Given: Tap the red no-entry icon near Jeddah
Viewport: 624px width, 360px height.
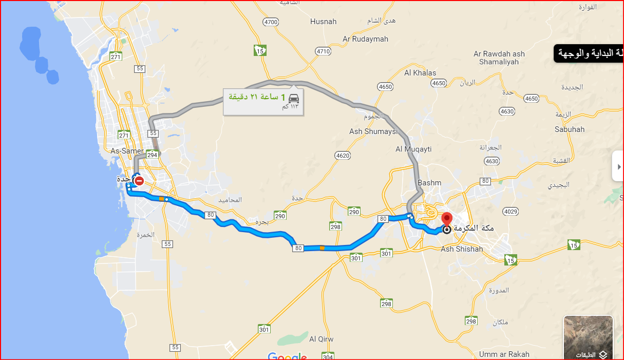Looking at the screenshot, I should point(139,181).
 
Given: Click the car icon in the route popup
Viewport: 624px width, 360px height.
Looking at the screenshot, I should point(293,98).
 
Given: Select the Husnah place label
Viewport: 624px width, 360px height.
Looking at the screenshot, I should point(324,22).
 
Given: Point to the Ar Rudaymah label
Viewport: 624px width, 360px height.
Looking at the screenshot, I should point(365,39).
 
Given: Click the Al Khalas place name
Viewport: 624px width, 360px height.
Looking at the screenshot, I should point(420,73).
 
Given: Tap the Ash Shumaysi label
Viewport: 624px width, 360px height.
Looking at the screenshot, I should point(373,132).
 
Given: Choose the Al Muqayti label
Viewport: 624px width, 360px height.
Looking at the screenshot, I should point(413,149).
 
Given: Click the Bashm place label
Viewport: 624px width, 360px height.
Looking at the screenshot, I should point(429,183).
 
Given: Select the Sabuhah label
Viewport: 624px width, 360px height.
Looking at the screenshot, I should point(570,129).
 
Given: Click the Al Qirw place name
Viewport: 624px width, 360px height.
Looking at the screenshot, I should point(322,339).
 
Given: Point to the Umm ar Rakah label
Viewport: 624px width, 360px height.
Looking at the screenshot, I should point(504,354).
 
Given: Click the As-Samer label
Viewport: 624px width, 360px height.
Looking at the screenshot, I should point(127,151).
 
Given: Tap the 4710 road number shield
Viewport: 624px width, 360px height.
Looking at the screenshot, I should point(324,51).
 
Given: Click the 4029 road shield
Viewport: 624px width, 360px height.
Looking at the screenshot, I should point(511,212).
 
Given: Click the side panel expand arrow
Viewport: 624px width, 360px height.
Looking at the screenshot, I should point(619,166).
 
